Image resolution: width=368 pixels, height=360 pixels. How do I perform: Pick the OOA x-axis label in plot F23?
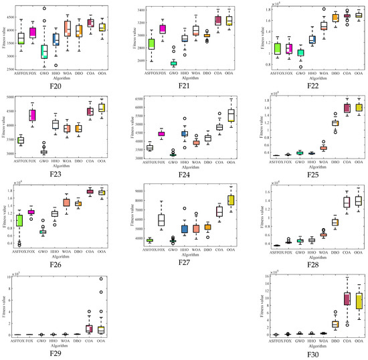[101, 161]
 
